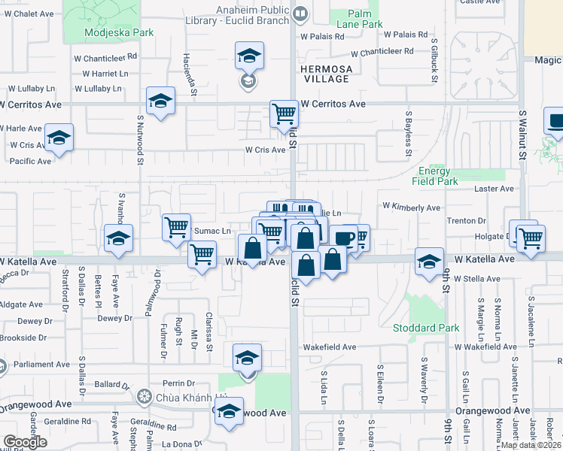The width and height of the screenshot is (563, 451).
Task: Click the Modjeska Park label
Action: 108,32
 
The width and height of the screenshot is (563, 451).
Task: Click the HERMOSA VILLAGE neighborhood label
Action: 326,73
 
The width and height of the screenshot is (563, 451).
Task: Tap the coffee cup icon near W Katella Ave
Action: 343,238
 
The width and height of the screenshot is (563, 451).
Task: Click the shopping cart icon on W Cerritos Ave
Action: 284,114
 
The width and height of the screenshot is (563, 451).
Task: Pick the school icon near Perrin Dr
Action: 246,358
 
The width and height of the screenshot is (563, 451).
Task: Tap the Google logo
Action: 25,441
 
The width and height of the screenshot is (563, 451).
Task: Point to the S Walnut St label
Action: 522,135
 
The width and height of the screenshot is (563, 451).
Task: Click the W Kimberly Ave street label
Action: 411,206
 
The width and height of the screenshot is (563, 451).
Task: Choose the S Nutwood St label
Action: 140,135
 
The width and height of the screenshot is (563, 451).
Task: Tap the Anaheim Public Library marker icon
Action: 300,13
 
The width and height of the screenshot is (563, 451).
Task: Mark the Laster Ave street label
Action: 494,189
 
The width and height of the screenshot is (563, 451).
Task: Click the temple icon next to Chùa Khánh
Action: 145,396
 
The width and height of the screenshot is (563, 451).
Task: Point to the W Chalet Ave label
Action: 29,14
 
